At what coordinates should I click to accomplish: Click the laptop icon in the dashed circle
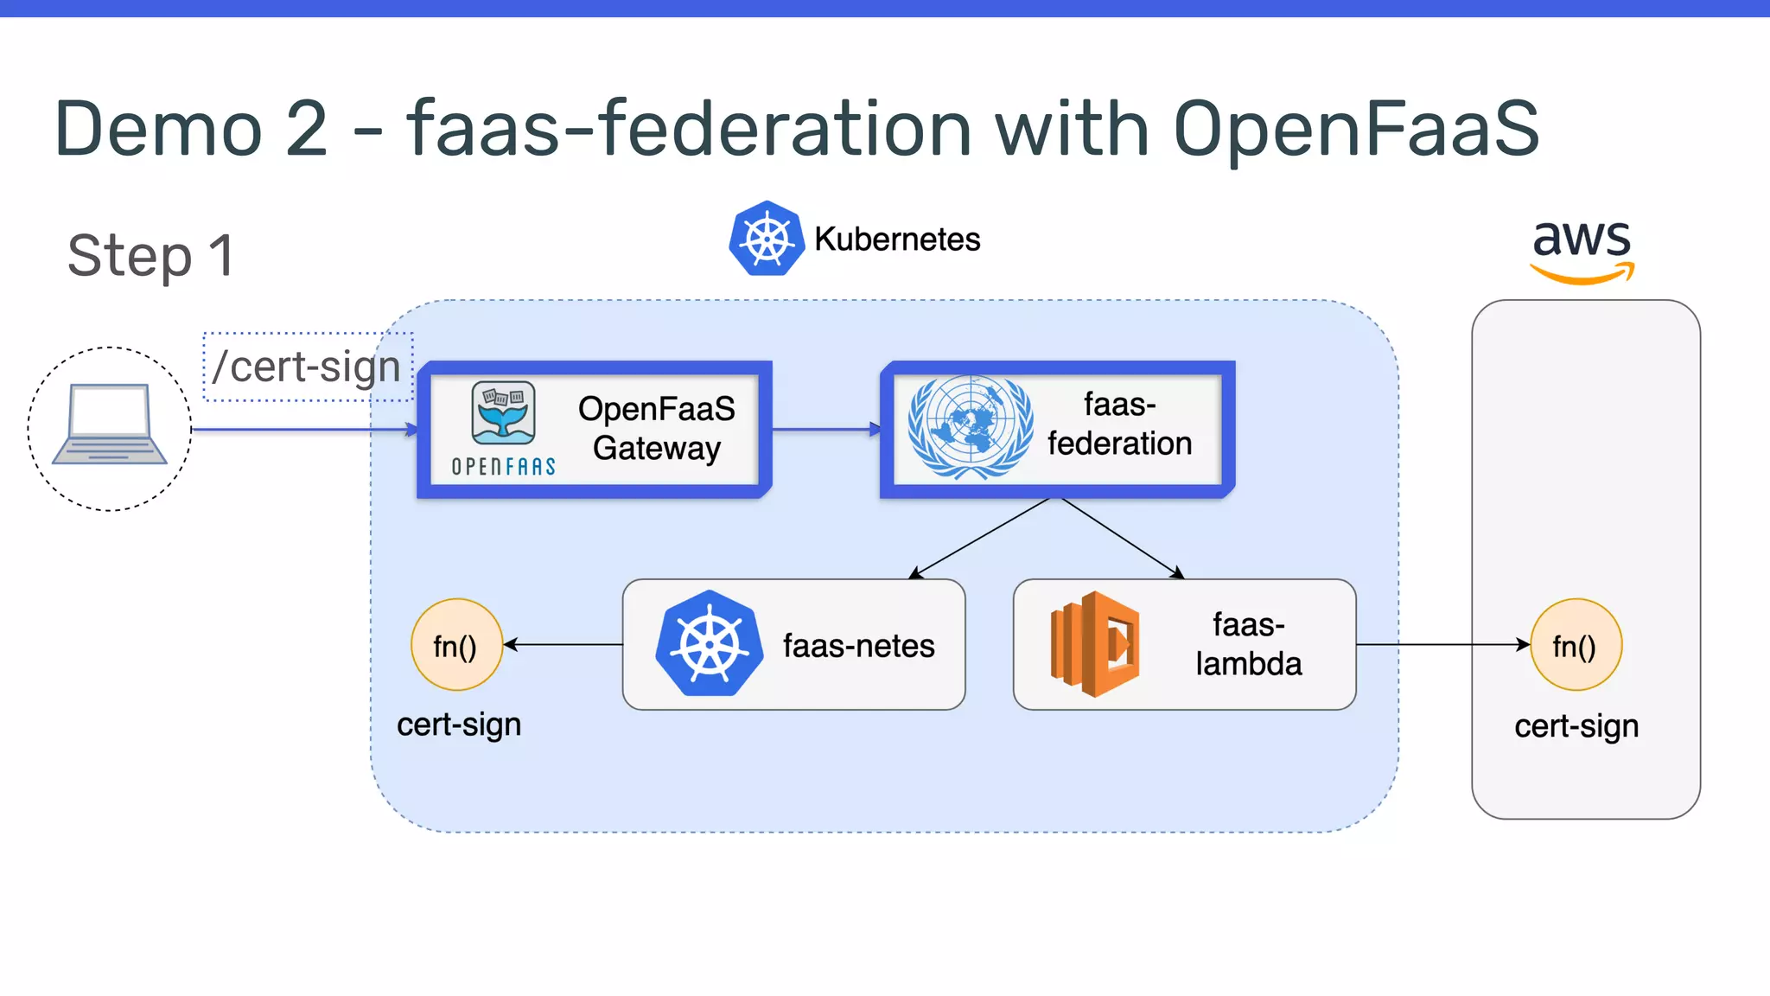point(109,425)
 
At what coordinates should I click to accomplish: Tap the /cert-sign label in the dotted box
point(307,367)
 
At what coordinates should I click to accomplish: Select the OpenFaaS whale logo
point(503,413)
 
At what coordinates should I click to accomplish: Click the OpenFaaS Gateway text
point(656,429)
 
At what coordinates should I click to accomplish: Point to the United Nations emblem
point(970,427)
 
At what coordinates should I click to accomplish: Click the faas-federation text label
point(1119,425)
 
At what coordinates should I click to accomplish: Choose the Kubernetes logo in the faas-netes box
point(709,644)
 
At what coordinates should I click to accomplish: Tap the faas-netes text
point(858,646)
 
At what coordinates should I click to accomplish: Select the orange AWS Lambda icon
point(1094,644)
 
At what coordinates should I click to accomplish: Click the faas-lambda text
point(1248,644)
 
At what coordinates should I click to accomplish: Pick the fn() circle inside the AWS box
point(1575,645)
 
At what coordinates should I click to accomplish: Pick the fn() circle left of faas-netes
point(456,645)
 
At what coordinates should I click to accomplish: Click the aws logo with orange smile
point(1582,250)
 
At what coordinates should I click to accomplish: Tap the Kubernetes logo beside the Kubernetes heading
point(766,239)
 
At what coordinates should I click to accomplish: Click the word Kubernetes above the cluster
point(897,239)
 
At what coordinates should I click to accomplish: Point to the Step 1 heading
point(150,256)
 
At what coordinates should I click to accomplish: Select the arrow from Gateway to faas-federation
point(825,429)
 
